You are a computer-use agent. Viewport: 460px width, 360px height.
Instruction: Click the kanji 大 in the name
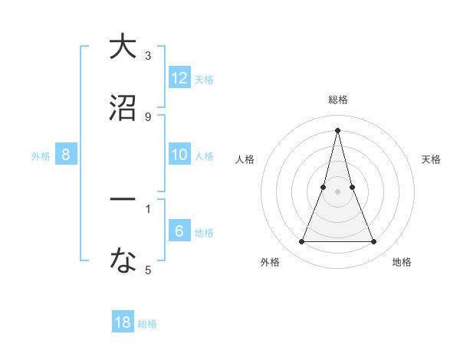[x=123, y=47]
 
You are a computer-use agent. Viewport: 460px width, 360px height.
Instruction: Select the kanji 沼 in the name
[x=123, y=108]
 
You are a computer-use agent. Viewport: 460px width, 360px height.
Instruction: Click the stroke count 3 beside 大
[x=148, y=56]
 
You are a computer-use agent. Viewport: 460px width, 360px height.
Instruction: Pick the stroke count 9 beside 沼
[x=148, y=117]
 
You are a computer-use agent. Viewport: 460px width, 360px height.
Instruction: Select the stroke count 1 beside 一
[x=148, y=208]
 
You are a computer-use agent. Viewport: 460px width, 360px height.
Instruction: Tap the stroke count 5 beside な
[x=148, y=270]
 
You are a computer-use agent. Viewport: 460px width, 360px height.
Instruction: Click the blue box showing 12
[x=179, y=78]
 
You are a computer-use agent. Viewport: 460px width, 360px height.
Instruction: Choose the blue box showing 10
[x=179, y=155]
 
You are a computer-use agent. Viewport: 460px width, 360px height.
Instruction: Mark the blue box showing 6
[x=179, y=231]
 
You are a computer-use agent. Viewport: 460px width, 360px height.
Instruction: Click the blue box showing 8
[x=66, y=155]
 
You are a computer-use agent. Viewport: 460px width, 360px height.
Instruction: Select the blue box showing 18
[x=123, y=322]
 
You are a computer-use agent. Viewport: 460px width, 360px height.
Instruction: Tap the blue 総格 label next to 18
[x=147, y=324]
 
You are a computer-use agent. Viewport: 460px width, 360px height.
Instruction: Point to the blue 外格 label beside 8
[x=41, y=156]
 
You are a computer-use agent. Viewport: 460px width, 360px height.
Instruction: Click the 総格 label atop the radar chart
[x=338, y=100]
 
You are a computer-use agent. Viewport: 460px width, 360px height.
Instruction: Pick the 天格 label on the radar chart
[x=432, y=159]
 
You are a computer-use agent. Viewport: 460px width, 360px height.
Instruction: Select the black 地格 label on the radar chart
[x=402, y=262]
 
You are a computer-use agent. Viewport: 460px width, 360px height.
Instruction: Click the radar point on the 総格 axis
[x=338, y=129]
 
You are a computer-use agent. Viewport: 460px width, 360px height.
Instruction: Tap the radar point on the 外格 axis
[x=302, y=242]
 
